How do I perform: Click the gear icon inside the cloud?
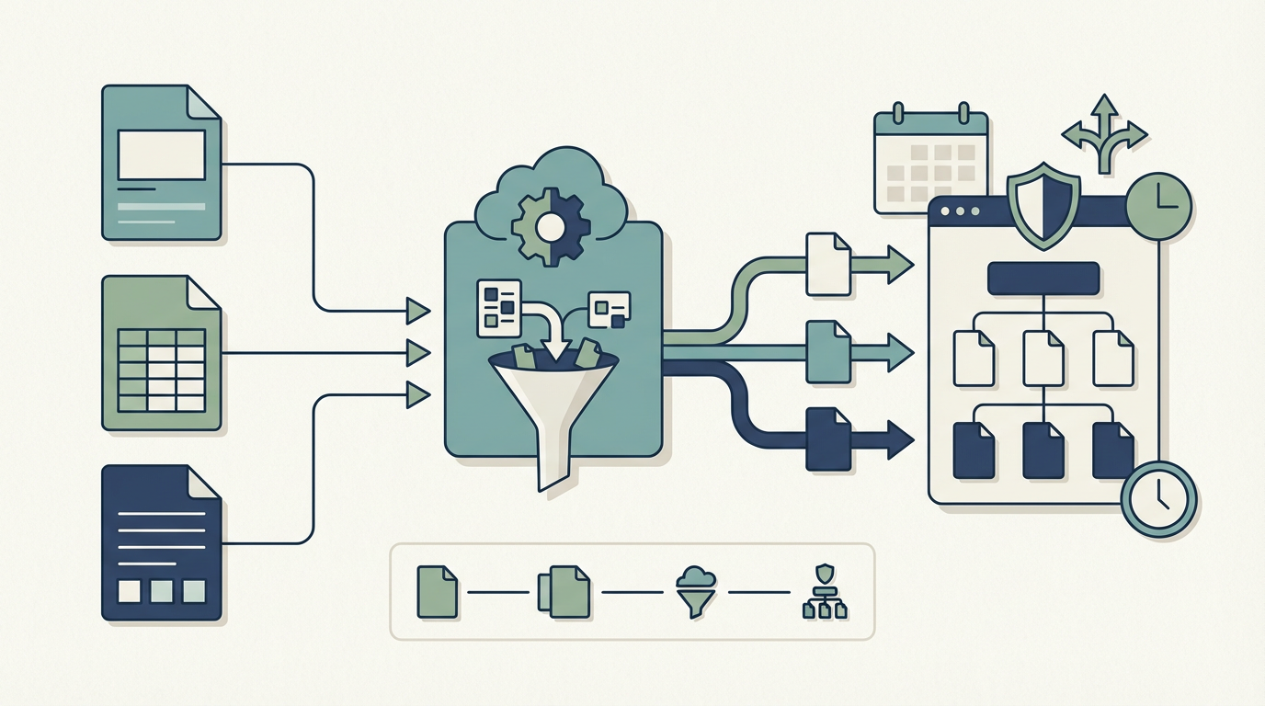(549, 224)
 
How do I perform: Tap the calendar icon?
(930, 163)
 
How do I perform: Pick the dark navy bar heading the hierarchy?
(1043, 279)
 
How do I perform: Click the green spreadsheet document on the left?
(161, 353)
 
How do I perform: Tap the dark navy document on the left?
(161, 542)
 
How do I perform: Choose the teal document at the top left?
(161, 163)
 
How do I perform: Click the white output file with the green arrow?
(827, 264)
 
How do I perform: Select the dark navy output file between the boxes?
(827, 438)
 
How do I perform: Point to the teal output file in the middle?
(827, 351)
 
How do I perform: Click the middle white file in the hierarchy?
(1043, 358)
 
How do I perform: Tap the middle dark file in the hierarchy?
(1043, 450)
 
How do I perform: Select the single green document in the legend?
(437, 591)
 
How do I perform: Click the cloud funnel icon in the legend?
(695, 591)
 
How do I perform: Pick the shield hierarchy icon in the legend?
(824, 591)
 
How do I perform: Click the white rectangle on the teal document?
(161, 154)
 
